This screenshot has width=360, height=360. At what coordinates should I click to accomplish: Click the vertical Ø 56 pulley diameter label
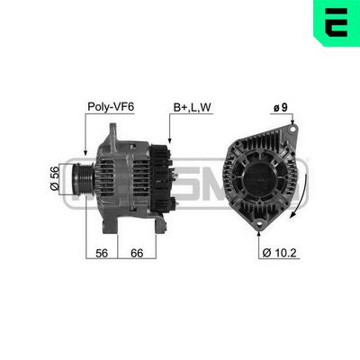pyautogui.click(x=56, y=177)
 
